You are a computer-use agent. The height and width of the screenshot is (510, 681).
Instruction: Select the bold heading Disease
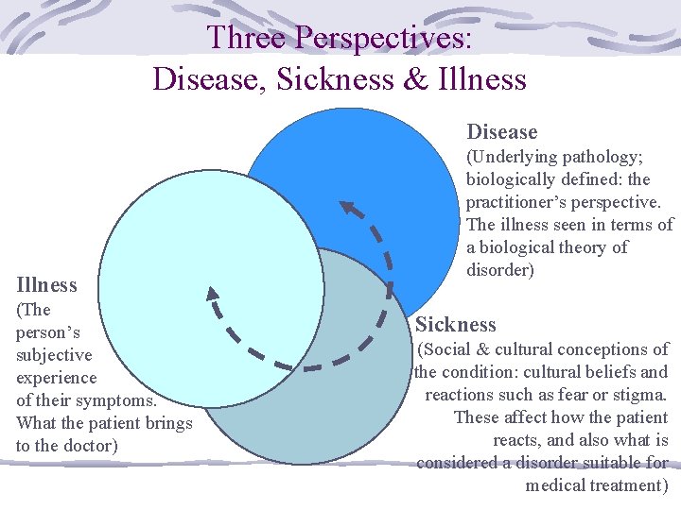501,132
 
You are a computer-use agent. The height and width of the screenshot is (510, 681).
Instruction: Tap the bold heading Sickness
456,325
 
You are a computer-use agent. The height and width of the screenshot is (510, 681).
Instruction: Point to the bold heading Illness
46,284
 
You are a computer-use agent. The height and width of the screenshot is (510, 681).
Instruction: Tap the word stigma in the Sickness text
637,394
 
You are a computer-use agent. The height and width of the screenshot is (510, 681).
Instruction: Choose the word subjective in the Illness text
54,355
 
